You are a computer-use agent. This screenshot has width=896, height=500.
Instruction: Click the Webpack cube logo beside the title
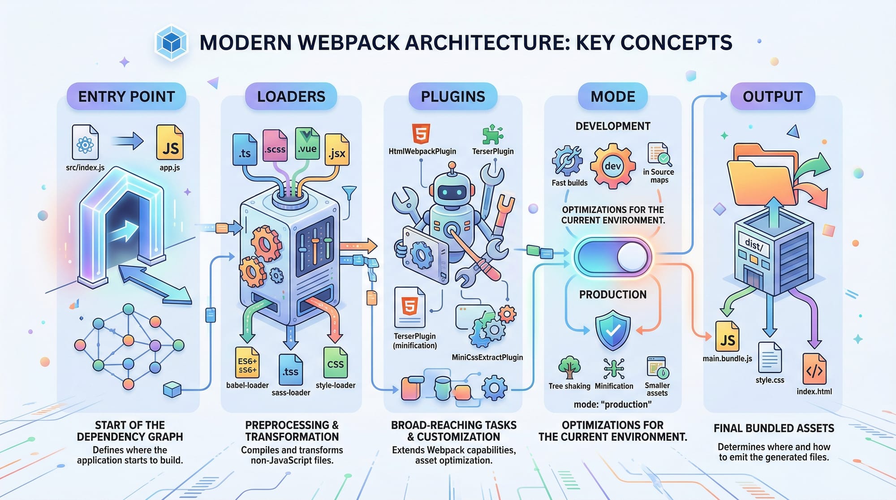point(171,43)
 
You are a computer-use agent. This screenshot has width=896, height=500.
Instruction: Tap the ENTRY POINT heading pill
point(126,96)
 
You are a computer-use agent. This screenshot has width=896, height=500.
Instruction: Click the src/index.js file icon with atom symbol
point(85,142)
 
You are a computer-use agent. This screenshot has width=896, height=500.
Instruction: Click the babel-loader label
point(247,385)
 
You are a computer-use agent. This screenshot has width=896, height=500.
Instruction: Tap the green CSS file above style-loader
point(335,363)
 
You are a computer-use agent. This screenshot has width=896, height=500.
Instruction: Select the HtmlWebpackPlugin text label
point(422,151)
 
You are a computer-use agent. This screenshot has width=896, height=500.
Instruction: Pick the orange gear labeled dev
point(612,166)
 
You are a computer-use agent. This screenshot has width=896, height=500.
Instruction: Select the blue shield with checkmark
point(612,332)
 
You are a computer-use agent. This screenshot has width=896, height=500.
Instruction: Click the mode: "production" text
point(612,405)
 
